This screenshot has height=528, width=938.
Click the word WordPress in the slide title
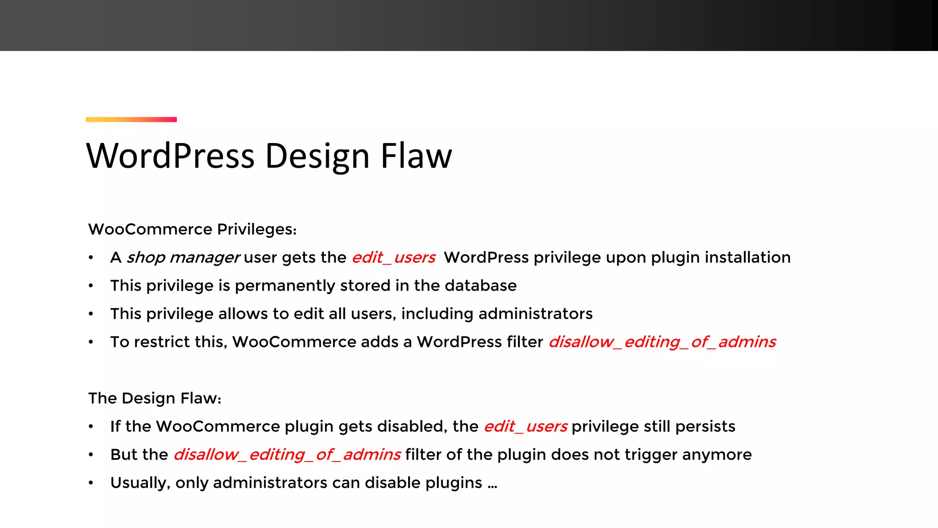pyautogui.click(x=170, y=156)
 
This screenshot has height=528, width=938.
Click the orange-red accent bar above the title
pyautogui.click(x=131, y=120)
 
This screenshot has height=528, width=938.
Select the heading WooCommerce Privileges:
pyautogui.click(x=192, y=229)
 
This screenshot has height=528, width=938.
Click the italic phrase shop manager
pyautogui.click(x=183, y=258)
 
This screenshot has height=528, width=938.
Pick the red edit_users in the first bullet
pyautogui.click(x=393, y=258)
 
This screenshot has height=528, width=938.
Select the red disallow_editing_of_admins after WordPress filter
pyautogui.click(x=662, y=342)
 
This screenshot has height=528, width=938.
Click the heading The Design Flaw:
pyautogui.click(x=155, y=398)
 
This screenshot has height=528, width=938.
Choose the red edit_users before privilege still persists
pyautogui.click(x=525, y=427)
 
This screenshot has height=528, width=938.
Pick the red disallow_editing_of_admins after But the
pyautogui.click(x=287, y=455)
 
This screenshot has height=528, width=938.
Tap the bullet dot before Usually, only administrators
pyautogui.click(x=91, y=483)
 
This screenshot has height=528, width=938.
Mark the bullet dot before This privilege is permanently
pyautogui.click(x=91, y=286)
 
